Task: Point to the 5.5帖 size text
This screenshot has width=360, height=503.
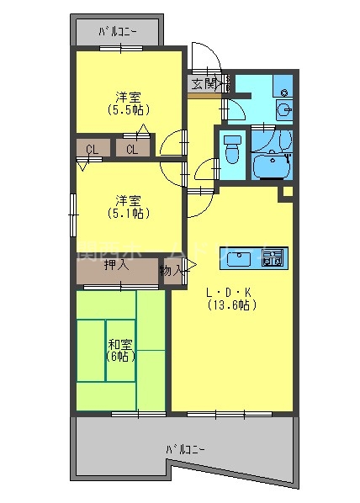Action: [129, 109]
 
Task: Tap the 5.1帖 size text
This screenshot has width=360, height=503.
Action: [129, 213]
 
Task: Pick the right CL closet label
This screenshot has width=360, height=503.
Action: [132, 150]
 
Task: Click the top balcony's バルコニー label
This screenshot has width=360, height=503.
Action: [118, 33]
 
